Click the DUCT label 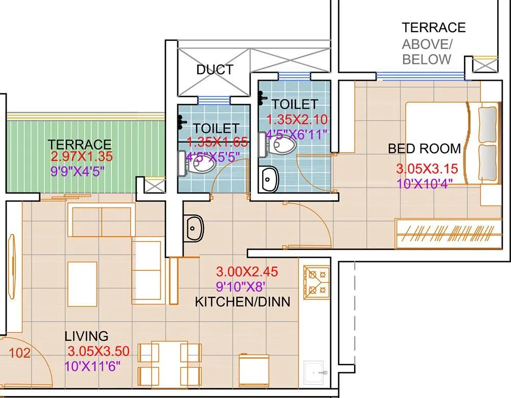(x=215, y=70)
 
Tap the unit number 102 (x=20, y=353)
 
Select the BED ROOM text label (x=424, y=149)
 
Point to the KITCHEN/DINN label (x=242, y=302)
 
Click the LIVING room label (x=86, y=336)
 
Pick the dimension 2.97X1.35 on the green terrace (x=81, y=157)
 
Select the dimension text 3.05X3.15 (x=427, y=169)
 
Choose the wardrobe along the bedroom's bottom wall (x=448, y=234)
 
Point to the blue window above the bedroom (x=420, y=76)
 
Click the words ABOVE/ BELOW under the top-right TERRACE (x=427, y=51)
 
